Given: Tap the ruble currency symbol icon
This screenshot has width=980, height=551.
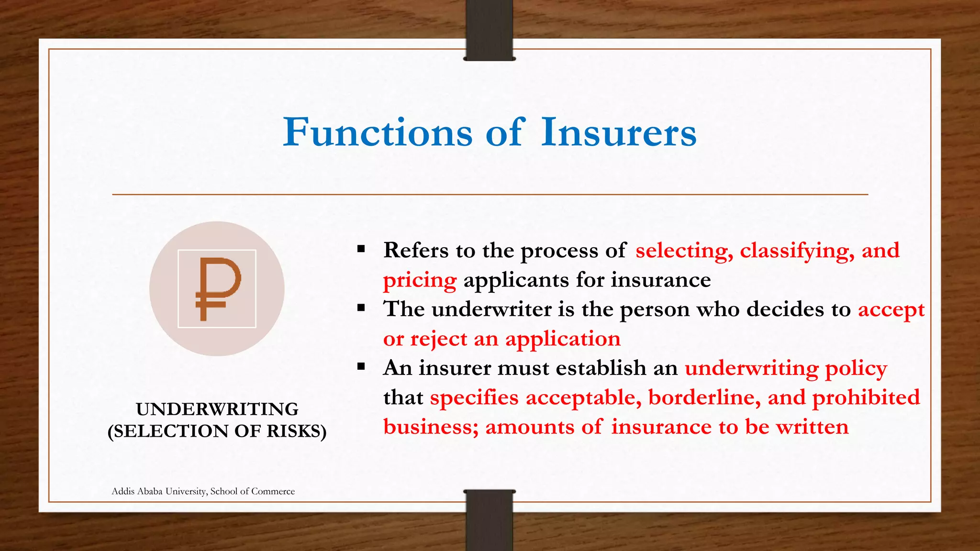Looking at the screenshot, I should click(217, 288).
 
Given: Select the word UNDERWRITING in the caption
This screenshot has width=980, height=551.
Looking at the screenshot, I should click(217, 409).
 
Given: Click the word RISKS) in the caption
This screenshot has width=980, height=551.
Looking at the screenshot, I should click(297, 431).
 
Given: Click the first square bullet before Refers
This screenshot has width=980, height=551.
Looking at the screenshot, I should click(361, 249).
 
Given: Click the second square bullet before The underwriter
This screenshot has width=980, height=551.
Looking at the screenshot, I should click(361, 308).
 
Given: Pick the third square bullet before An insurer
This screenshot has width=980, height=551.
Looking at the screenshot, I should click(361, 367).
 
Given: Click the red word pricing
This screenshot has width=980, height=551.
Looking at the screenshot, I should click(420, 281).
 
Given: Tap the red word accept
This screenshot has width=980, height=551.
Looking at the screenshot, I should click(891, 310).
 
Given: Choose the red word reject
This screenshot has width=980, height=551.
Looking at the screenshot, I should click(438, 339).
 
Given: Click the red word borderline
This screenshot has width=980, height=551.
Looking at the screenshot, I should click(704, 398).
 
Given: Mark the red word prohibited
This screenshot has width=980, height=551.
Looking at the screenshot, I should click(866, 398).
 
